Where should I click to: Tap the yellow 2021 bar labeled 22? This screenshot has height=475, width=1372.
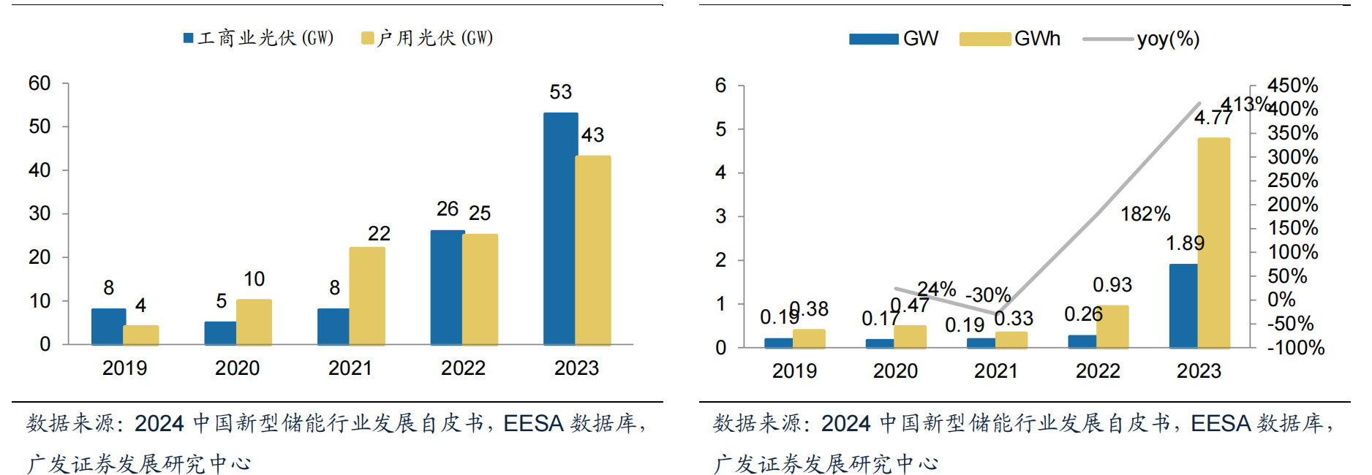(x=367, y=295)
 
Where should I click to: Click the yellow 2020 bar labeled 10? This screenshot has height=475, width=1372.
(x=254, y=322)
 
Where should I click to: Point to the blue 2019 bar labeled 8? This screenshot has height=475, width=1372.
(x=108, y=326)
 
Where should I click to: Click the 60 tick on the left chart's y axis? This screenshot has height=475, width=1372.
(x=39, y=83)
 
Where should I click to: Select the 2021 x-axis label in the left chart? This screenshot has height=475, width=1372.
(x=350, y=368)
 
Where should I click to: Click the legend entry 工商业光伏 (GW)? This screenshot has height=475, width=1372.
(x=259, y=38)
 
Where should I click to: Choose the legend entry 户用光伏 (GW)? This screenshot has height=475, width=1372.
(x=428, y=38)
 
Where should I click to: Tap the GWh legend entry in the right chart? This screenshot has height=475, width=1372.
(x=1010, y=39)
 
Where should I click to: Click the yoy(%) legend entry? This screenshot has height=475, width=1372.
(x=1142, y=39)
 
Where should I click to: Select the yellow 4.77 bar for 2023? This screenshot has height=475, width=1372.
(x=1214, y=242)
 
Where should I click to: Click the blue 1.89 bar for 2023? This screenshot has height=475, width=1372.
(x=1183, y=305)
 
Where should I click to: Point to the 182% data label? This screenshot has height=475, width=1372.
(x=1145, y=214)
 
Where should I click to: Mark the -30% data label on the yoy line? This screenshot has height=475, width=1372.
(x=988, y=295)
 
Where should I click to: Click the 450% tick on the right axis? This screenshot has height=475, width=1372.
(x=1292, y=85)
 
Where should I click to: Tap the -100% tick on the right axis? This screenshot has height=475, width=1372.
(x=1295, y=348)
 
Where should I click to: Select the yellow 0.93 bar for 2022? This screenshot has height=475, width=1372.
(x=1112, y=326)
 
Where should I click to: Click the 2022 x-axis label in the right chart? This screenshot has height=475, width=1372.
(x=1097, y=371)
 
